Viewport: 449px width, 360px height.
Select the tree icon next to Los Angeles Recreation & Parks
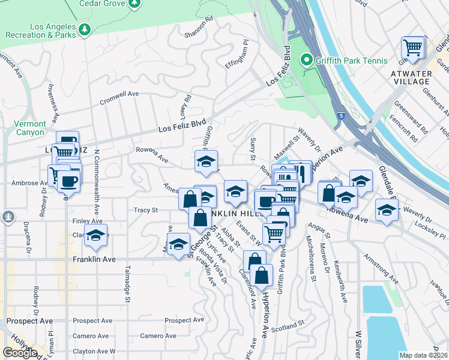[85, 29]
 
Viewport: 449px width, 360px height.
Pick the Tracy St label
[145, 210]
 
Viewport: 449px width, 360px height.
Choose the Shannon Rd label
[199, 29]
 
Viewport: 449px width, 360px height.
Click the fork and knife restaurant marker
[301, 172]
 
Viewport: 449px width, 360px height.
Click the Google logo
[19, 353]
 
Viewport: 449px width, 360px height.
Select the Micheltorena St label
[310, 258]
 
